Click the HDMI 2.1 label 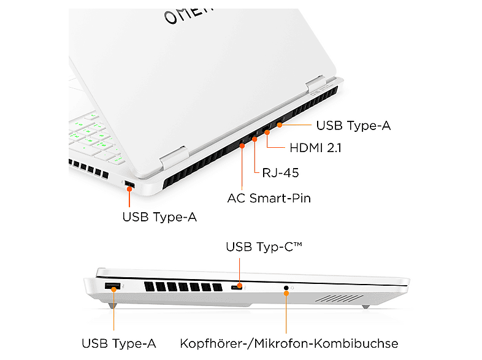pos(315,148)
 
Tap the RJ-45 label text pos(280,173)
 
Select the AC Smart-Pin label pos(269,198)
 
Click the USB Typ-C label pos(264,247)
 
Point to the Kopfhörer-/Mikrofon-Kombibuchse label pos(289,343)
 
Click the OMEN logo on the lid pos(188,16)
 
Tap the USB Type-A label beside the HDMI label pos(353,126)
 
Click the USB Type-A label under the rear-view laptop pos(159,216)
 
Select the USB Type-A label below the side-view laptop pos(118,343)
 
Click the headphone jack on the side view pos(286,288)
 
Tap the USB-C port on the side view pos(236,288)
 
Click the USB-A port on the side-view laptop pos(112,286)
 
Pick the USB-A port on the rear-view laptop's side pos(129,184)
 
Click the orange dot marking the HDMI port pos(267,132)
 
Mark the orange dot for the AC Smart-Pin pos(242,146)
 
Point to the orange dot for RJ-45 pos(254,140)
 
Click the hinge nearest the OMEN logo pos(315,83)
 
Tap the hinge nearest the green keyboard pos(174,158)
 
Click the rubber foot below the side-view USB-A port pos(112,305)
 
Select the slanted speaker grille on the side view pos(339,298)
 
